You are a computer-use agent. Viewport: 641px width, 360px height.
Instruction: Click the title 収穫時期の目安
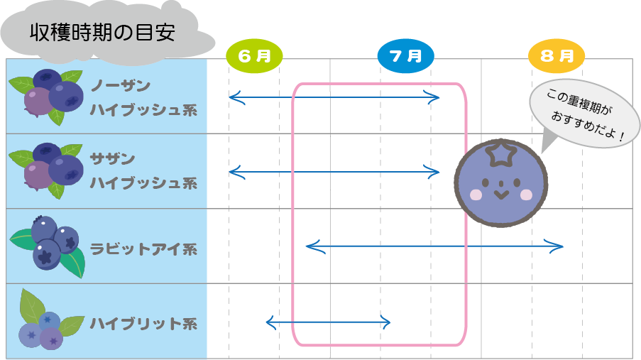click(102, 32)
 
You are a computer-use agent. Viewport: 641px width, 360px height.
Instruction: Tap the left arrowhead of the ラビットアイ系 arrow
click(309, 246)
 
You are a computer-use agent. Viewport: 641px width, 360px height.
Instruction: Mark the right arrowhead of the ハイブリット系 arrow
click(387, 322)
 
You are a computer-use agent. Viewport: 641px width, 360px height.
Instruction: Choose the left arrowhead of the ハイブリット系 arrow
click(270, 322)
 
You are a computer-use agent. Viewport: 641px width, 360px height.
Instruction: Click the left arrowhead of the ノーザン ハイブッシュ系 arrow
click(233, 98)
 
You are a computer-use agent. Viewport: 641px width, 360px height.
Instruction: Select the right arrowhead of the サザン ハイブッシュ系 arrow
click(436, 171)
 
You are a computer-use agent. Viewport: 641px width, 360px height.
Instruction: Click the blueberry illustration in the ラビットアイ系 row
click(48, 244)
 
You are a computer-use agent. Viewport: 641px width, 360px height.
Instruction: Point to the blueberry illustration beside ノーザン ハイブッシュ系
click(47, 95)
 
